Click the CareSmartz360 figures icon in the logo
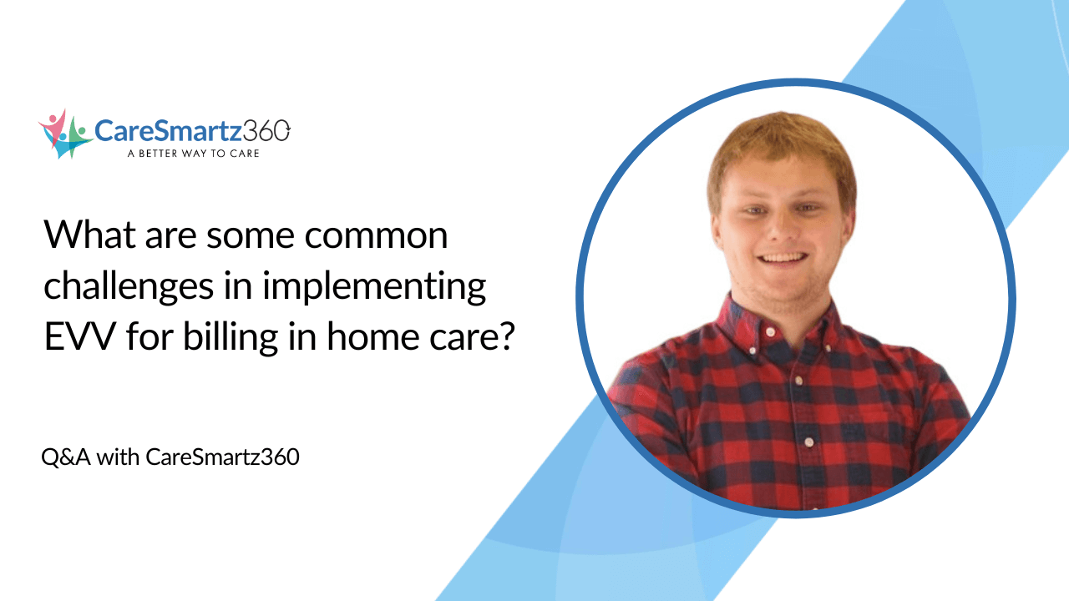coord(65,134)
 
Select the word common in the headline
coord(376,235)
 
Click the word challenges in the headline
coord(129,286)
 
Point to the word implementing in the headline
coord(373,286)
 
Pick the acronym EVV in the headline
coord(80,336)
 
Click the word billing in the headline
coord(231,338)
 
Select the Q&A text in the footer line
coord(66,457)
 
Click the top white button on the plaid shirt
coord(769,331)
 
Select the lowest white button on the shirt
coord(808,442)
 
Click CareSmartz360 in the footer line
coord(222,457)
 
